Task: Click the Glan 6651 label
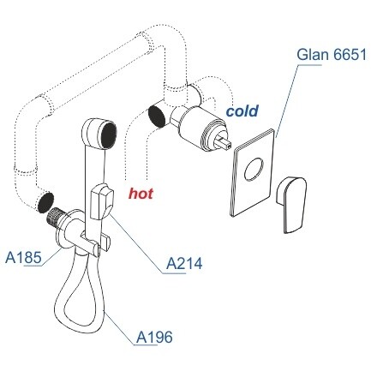tap(332, 54)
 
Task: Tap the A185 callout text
tap(23, 258)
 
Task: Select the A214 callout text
tap(184, 263)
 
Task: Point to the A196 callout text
tap(154, 338)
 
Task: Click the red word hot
tap(141, 193)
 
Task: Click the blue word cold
tap(242, 111)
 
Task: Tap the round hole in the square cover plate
tap(254, 169)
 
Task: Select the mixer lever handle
tap(291, 205)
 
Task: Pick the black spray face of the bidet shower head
tap(109, 135)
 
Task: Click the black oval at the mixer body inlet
tap(157, 116)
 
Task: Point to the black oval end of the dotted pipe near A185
tap(45, 202)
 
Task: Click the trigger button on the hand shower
tap(101, 201)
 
